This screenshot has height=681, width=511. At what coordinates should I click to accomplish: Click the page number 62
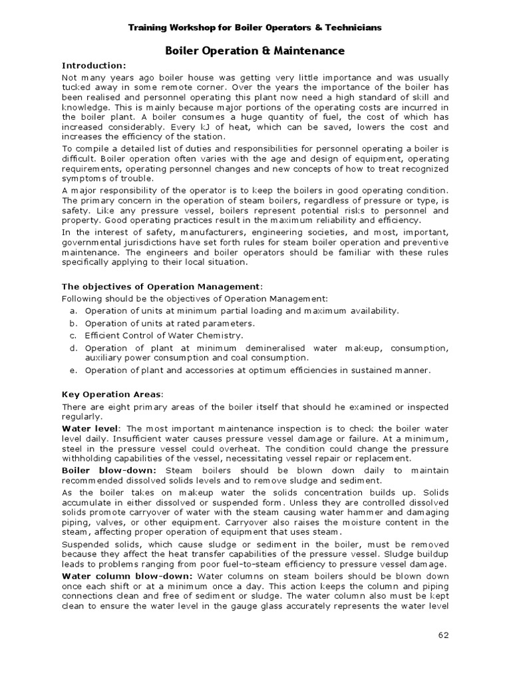[x=443, y=634]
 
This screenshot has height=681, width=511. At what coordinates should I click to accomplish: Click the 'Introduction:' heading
[x=93, y=65]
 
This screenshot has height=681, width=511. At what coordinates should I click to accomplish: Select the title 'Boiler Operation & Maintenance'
[x=255, y=50]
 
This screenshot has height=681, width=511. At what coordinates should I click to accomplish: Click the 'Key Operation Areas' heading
[x=112, y=394]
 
